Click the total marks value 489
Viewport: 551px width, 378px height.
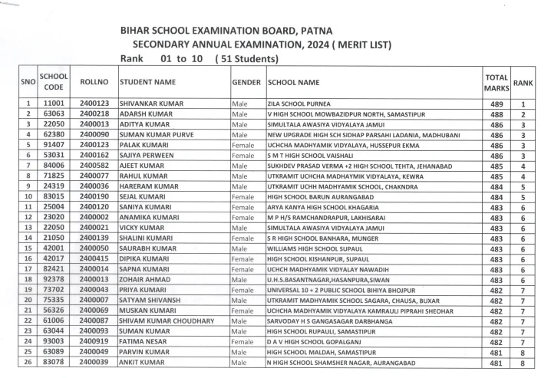pos(497,104)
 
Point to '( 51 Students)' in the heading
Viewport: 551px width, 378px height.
pos(246,59)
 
